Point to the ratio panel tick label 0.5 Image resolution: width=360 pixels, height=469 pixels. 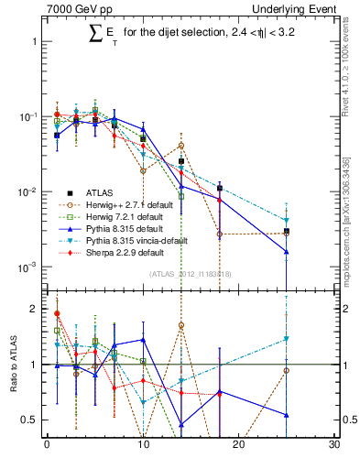coord(30,420)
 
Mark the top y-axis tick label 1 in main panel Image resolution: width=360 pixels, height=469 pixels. coord(35,42)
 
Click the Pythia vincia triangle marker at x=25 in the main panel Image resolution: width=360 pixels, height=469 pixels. coord(287,221)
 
